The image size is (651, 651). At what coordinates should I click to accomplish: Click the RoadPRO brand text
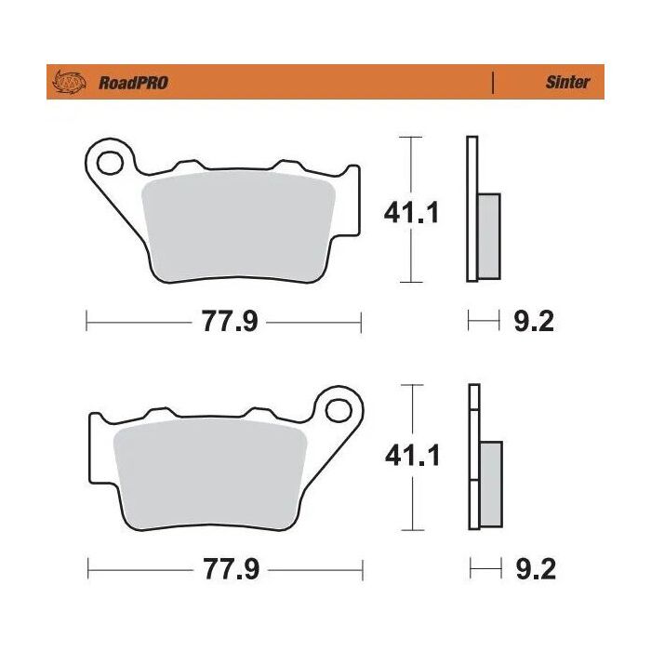pyautogui.click(x=133, y=83)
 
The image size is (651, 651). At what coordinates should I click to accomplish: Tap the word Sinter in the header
pyautogui.click(x=566, y=82)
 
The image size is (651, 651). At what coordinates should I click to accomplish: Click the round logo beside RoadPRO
pyautogui.click(x=73, y=83)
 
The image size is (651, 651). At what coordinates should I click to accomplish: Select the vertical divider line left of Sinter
pyautogui.click(x=493, y=82)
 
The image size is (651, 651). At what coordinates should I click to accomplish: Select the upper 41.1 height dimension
pyautogui.click(x=412, y=212)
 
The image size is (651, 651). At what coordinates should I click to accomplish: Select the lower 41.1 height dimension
pyautogui.click(x=412, y=456)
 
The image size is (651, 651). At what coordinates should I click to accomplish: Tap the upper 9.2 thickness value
pyautogui.click(x=534, y=323)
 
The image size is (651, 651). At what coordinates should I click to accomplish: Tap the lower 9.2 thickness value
pyautogui.click(x=534, y=566)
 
